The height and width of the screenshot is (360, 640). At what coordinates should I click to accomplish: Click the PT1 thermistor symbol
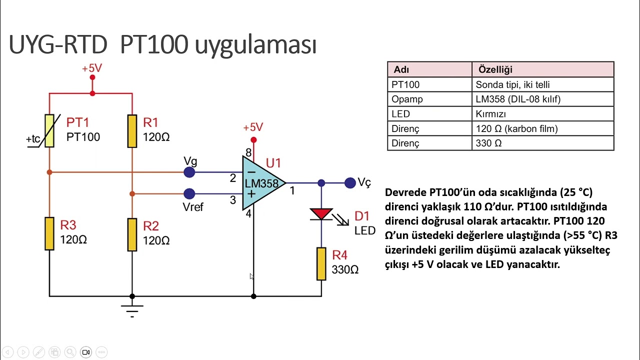point(49,131)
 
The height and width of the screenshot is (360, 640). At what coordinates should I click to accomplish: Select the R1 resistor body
point(132,131)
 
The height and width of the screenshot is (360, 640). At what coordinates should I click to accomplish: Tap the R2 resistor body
point(132,234)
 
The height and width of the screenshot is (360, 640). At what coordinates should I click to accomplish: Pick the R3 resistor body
point(49,233)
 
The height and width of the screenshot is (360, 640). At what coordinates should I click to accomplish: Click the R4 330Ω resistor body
point(321,263)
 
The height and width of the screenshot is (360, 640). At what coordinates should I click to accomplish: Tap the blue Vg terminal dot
point(189,172)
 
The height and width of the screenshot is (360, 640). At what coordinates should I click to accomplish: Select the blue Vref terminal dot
point(189,193)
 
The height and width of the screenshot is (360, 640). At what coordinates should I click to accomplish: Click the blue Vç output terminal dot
point(350,183)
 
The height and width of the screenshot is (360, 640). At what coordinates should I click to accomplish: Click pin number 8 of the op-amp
point(248,152)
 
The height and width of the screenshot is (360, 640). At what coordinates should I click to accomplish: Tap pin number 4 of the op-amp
point(248,213)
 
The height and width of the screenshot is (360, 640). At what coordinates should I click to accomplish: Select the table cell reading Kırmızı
point(490,114)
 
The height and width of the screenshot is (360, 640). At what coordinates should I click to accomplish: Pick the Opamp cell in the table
point(407,99)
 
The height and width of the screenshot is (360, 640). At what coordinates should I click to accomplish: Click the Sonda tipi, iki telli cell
point(512,84)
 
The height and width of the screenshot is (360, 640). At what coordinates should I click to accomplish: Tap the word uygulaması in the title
point(255,45)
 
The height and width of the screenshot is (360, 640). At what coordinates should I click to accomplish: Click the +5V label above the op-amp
point(253,127)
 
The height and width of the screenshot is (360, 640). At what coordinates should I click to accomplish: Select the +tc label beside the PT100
point(33,139)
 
